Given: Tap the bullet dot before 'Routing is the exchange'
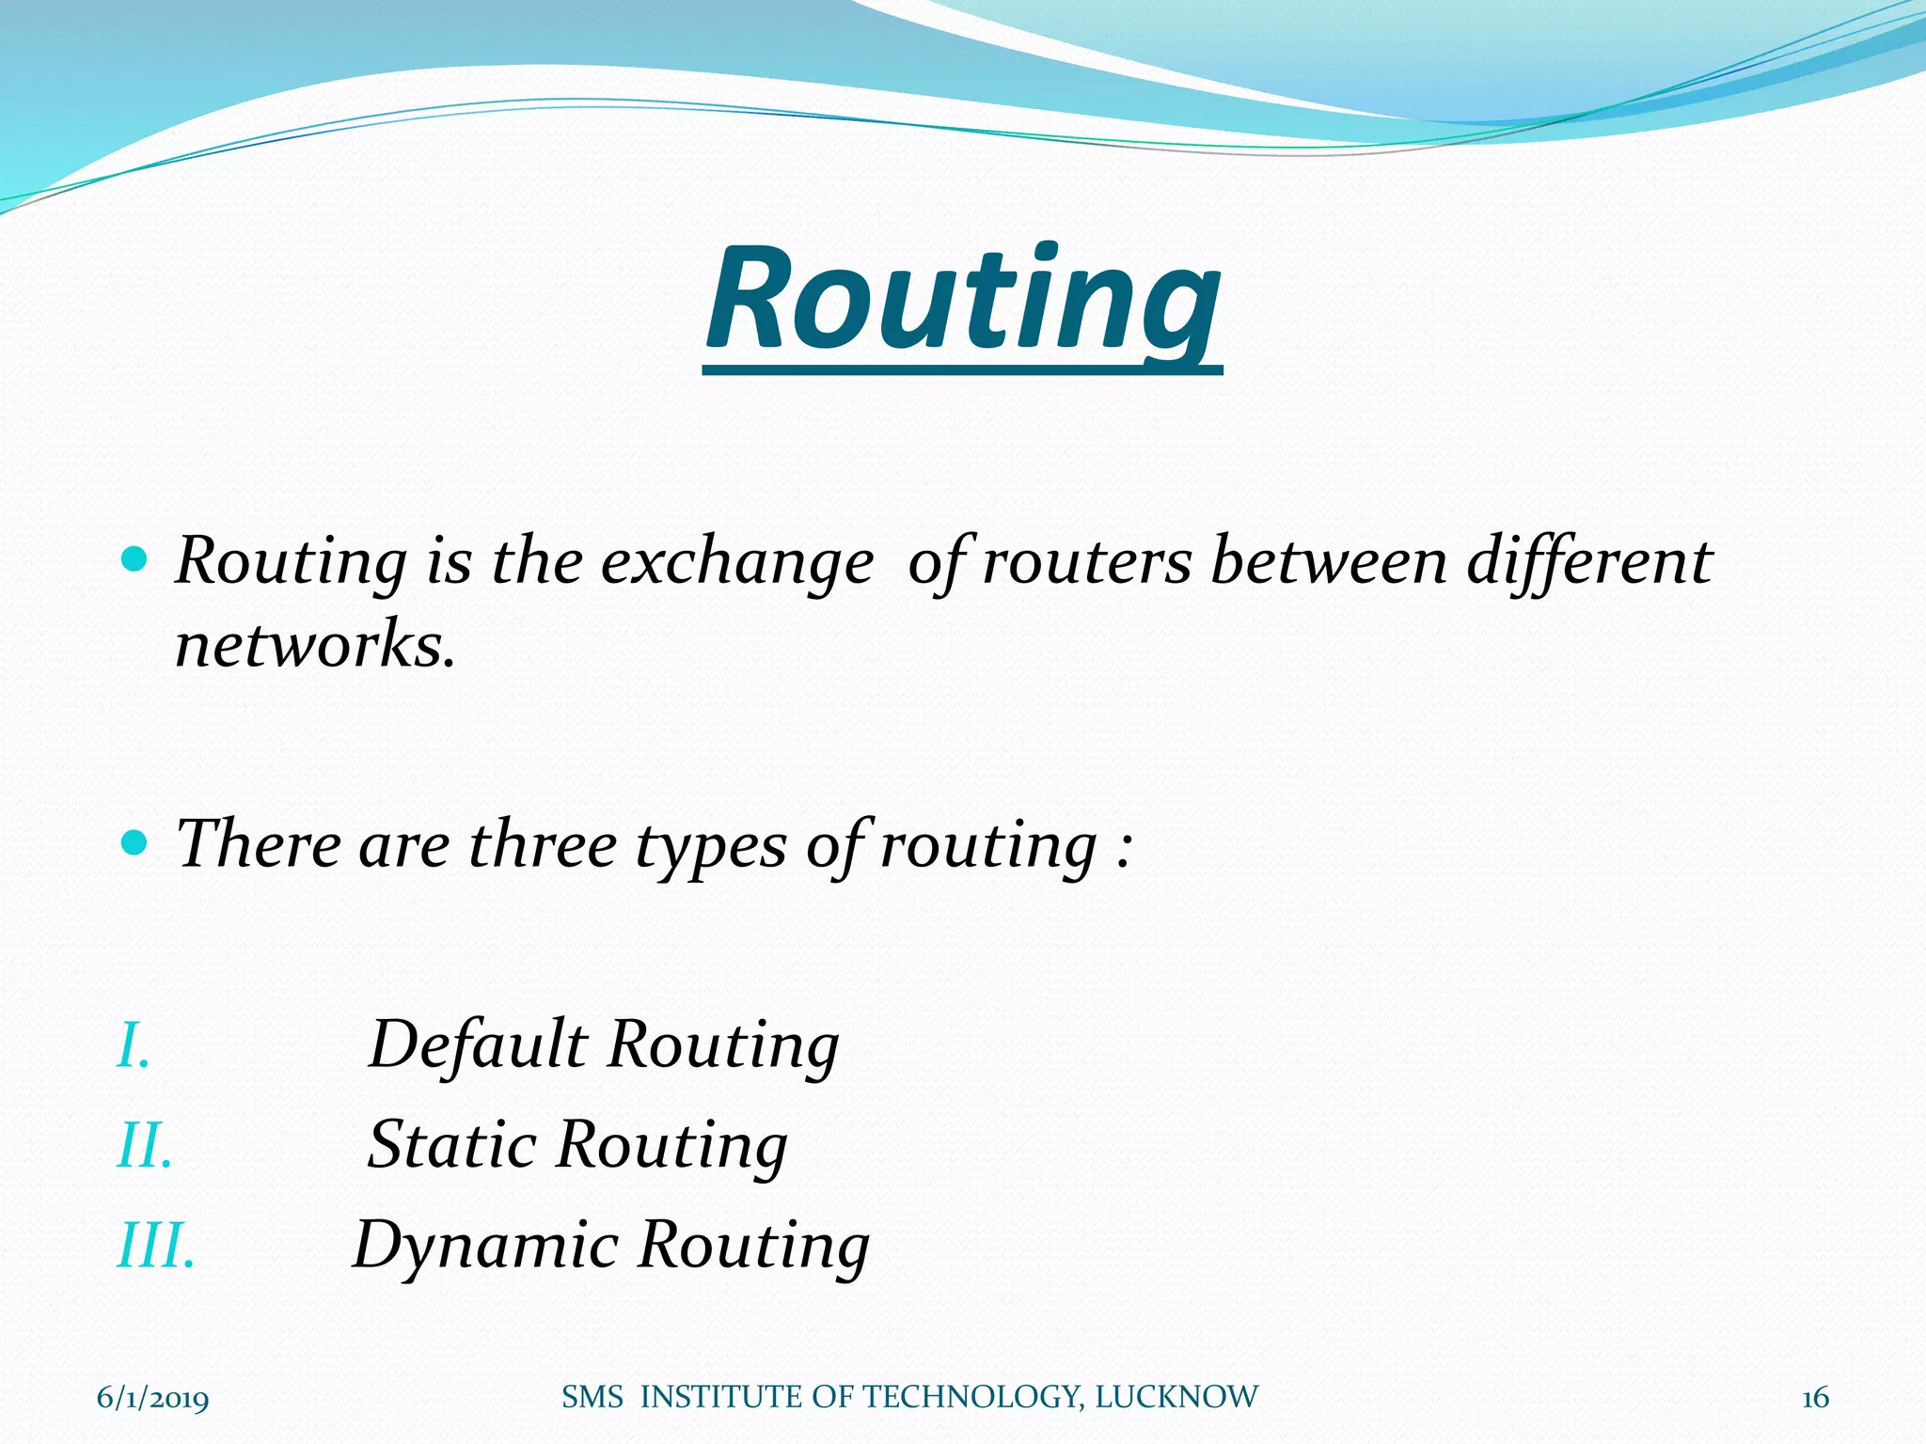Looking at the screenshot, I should (135, 560).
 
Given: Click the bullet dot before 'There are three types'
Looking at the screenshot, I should (135, 841).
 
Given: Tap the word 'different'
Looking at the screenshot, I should (1589, 562).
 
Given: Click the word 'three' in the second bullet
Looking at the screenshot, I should (542, 844).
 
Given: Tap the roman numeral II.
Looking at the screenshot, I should (144, 1146).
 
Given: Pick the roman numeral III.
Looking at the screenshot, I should (155, 1247).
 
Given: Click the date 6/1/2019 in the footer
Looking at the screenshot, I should (152, 1398).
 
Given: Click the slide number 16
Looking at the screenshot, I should (1815, 1398).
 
